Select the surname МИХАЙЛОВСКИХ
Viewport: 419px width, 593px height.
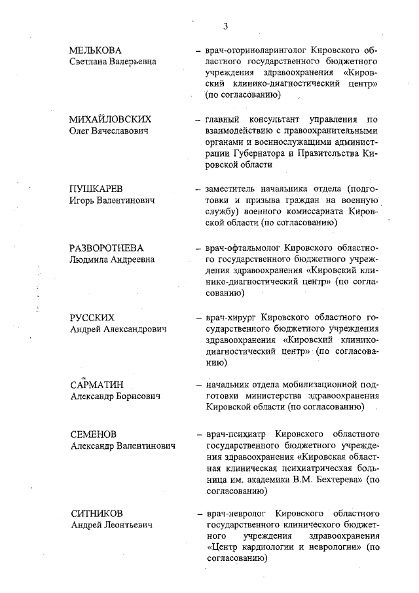pyautogui.click(x=111, y=119)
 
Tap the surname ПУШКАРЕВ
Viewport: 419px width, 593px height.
pyautogui.click(x=96, y=188)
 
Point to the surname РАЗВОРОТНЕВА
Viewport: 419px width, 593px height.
pyautogui.click(x=106, y=248)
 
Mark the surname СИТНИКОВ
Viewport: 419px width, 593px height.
pyautogui.click(x=96, y=513)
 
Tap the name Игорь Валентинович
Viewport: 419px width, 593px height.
pyautogui.click(x=112, y=200)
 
